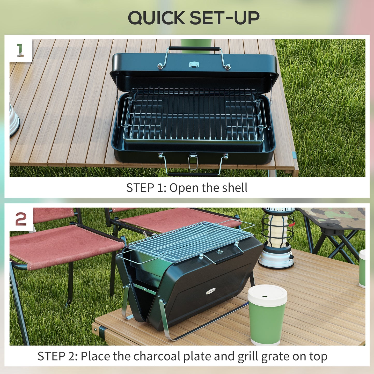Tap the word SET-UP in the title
(x=224, y=18)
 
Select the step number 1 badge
(x=20, y=50)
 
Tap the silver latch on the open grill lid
(x=194, y=64)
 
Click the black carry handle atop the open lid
(x=194, y=48)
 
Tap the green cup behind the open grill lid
(x=196, y=45)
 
